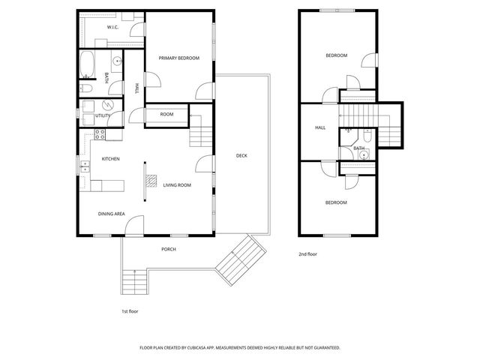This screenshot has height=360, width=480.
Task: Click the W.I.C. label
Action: (112, 27)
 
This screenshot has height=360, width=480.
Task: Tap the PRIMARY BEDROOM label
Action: (178, 58)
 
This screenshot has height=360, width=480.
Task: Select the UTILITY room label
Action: (103, 115)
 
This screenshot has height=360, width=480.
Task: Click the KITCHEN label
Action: (111, 159)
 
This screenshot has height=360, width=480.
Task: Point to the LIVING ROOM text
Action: (178, 184)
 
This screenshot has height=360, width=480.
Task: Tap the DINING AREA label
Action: (111, 214)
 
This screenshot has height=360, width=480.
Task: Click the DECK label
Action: (241, 156)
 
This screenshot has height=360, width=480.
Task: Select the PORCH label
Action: (169, 249)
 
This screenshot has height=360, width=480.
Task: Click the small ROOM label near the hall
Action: (166, 114)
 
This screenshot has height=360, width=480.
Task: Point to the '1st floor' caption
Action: (130, 310)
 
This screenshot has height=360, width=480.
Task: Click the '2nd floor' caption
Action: (307, 254)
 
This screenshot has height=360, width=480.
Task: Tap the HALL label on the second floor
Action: (320, 128)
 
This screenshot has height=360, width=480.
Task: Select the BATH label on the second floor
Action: (359, 148)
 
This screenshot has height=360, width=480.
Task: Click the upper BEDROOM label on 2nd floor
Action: (336, 55)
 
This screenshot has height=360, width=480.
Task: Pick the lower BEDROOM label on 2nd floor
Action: (336, 202)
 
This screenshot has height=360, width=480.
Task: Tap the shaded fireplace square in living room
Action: (151, 181)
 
